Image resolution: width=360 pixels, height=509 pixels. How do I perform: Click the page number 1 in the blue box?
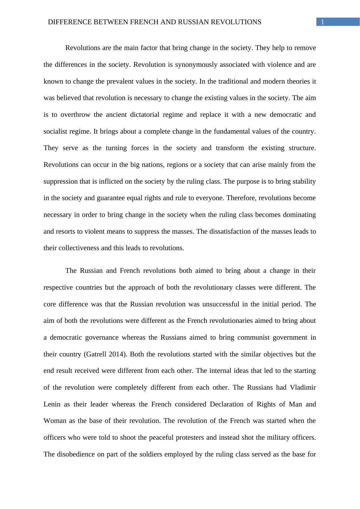(x=323, y=22)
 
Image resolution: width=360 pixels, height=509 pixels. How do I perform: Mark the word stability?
(x=303, y=181)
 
